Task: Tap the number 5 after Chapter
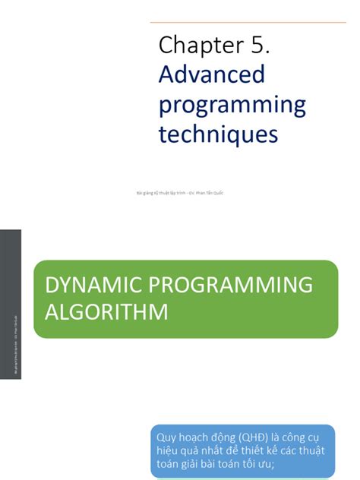[x=257, y=46]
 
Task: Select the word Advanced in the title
[x=212, y=74]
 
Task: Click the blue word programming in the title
[x=232, y=106]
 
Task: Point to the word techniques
[x=219, y=134]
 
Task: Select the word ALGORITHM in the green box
[x=105, y=311]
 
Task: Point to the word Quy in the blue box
[x=166, y=437]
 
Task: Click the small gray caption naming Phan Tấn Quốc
[x=179, y=193]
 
